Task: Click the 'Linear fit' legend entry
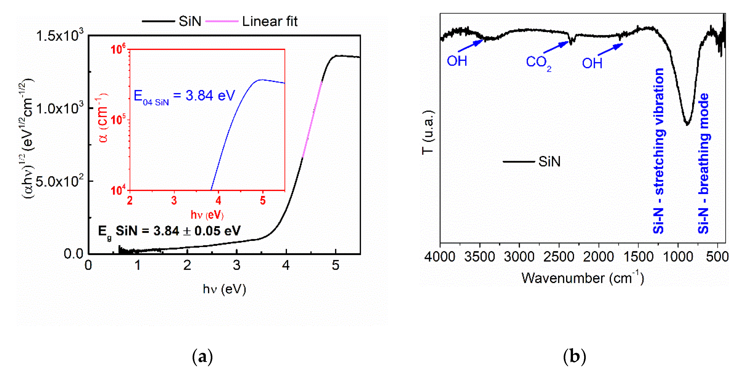(269, 21)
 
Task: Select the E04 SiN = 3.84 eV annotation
(184, 96)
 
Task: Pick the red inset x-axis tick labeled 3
(174, 200)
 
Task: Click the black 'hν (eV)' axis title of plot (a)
(224, 289)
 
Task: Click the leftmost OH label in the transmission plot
(457, 61)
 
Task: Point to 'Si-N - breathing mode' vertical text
(704, 163)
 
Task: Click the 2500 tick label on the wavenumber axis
(559, 257)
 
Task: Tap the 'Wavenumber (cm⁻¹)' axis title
(583, 278)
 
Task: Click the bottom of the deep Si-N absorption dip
(687, 124)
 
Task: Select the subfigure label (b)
(574, 356)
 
